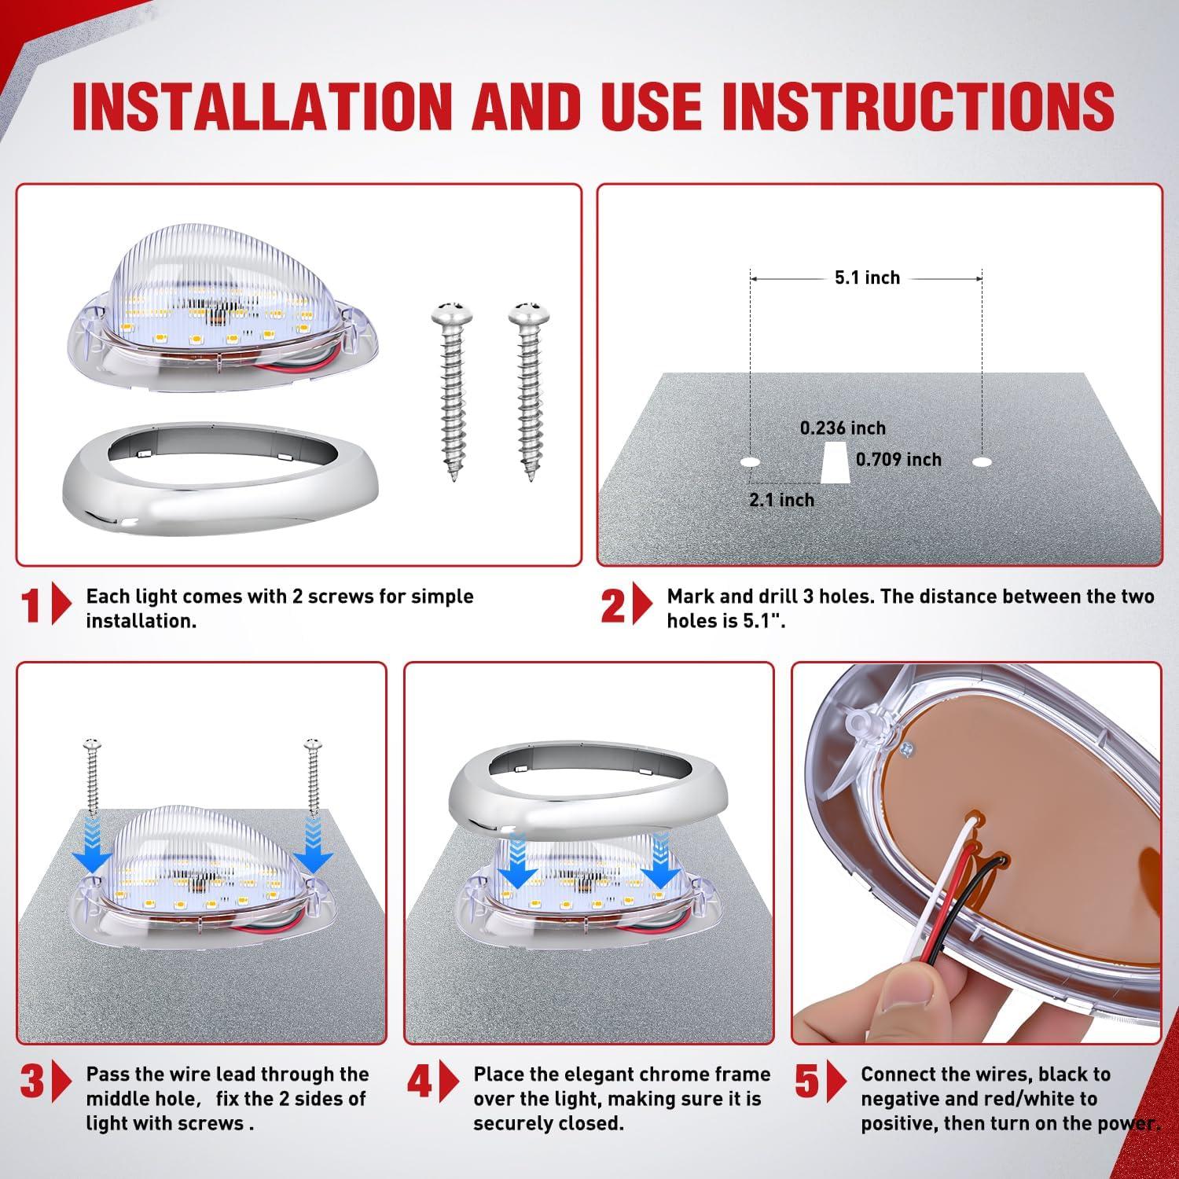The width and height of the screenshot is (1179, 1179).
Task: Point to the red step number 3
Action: click(32, 1082)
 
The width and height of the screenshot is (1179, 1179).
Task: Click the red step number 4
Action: click(420, 1082)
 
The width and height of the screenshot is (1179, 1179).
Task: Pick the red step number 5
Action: click(807, 1082)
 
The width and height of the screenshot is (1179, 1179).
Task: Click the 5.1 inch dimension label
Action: click(867, 277)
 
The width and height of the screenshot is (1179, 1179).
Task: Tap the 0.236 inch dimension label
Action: click(843, 428)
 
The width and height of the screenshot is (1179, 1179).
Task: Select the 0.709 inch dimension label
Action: click(898, 459)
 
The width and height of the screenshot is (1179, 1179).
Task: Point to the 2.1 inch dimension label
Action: click(781, 500)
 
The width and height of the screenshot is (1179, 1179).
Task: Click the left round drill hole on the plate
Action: click(751, 462)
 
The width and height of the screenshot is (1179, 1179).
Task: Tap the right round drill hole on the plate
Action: click(982, 462)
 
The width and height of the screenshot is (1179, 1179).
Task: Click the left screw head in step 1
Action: click(450, 309)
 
